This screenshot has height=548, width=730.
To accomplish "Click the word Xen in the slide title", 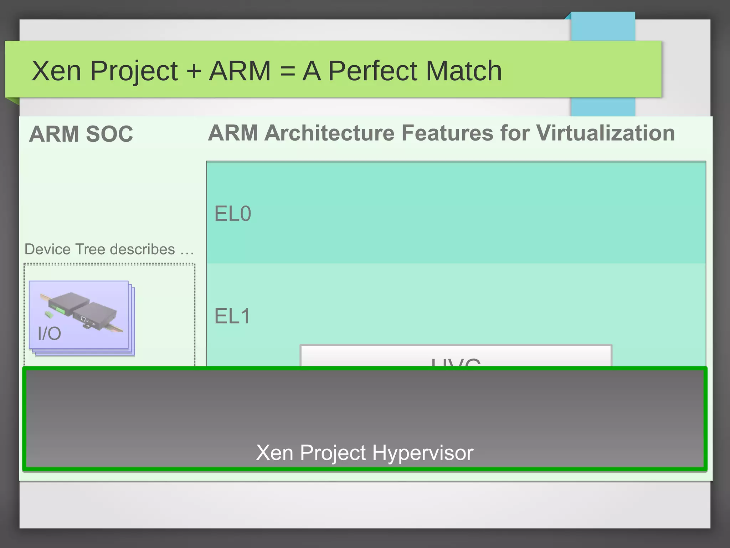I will tap(56, 71).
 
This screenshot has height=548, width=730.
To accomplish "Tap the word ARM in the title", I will tap(240, 71).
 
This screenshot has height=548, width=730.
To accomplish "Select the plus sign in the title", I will tap(194, 71).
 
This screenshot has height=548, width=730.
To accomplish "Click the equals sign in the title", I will tap(287, 71).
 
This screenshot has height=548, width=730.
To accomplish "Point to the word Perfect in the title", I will tap(372, 71).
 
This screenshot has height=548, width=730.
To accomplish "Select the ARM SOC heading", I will tap(81, 134).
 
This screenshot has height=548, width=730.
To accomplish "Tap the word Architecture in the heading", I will tap(330, 133).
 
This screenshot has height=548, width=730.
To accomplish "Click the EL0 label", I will tap(233, 214).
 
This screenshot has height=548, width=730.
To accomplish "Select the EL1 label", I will tap(232, 316).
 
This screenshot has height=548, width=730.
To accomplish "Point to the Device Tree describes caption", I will tap(100, 249).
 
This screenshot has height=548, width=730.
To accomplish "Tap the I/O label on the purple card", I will tap(49, 334).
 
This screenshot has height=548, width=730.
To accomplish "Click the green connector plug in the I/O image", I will tap(49, 314).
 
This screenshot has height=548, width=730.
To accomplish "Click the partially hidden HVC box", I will tap(456, 356).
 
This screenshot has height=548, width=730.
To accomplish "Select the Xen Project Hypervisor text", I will tap(365, 453).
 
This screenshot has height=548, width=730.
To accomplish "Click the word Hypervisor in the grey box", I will tap(423, 453).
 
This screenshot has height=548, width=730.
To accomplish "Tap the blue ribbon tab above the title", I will tap(603, 27).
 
